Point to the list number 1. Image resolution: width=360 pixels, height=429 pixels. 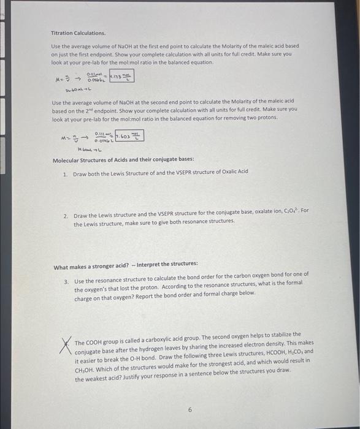click(x=65, y=173)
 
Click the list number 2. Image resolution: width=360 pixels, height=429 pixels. click(x=65, y=217)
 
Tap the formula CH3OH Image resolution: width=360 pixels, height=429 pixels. click(x=85, y=362)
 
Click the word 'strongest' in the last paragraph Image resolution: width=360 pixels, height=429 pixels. click(x=227, y=362)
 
